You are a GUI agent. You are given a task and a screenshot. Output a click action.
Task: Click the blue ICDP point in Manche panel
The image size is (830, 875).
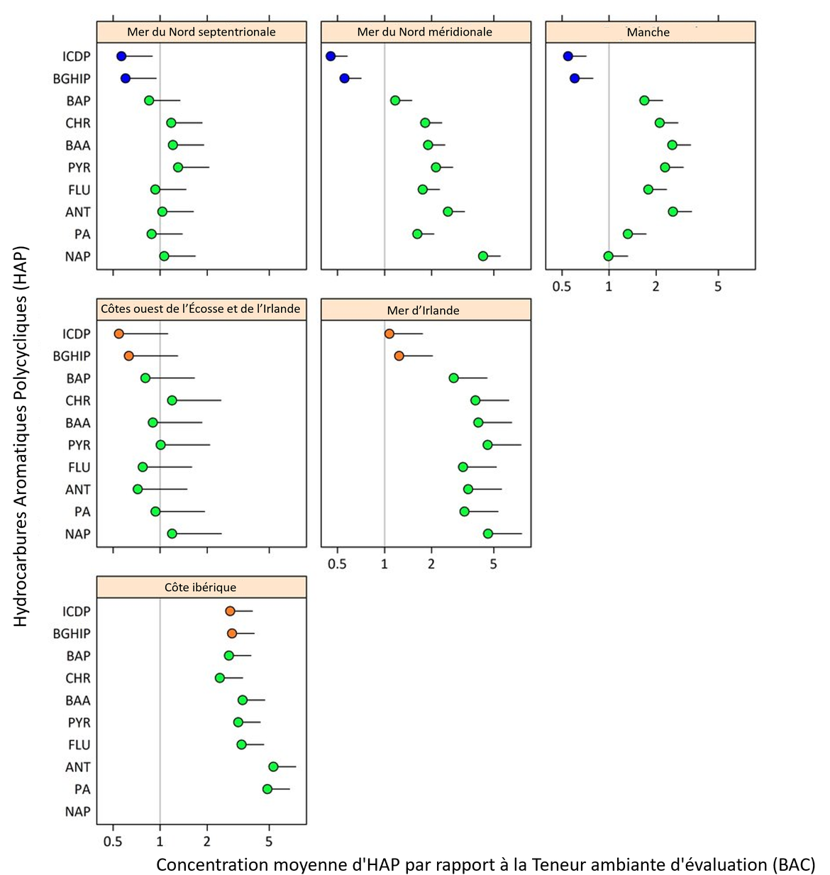[x=568, y=56]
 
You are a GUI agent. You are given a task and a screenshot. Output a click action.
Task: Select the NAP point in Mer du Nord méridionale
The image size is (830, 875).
[x=483, y=256]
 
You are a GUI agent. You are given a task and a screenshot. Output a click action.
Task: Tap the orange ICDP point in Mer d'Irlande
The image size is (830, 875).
[x=389, y=334]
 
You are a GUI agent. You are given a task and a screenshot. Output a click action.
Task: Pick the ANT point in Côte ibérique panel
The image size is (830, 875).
[x=273, y=766]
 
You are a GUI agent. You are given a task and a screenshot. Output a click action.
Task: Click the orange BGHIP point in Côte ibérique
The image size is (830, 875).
[x=232, y=633]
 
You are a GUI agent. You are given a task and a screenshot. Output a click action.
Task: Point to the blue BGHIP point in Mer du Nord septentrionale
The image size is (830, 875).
[x=126, y=78]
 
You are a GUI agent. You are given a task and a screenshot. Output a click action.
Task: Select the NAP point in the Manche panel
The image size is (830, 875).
[x=608, y=256]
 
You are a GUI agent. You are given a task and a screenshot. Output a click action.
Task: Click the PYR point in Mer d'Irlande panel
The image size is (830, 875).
[x=487, y=445]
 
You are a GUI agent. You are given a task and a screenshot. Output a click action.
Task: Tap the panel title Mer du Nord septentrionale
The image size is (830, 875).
[x=201, y=32]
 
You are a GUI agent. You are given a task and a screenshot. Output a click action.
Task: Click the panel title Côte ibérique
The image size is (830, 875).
[x=201, y=588]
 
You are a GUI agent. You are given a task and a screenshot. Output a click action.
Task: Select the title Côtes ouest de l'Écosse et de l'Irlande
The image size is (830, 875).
[x=201, y=309]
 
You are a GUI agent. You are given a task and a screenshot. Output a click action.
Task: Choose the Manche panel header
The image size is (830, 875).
[x=648, y=32]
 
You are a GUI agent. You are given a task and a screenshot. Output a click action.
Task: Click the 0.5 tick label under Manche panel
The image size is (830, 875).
[x=562, y=287]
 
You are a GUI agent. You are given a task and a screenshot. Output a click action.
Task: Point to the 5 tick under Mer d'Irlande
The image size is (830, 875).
[x=494, y=565]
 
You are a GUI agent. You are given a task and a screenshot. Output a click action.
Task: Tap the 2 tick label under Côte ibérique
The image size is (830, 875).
[x=207, y=842]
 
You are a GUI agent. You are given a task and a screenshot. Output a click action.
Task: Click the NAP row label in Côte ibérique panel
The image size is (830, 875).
[x=77, y=811]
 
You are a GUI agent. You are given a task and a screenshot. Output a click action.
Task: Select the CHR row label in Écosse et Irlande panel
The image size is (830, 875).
[x=78, y=400]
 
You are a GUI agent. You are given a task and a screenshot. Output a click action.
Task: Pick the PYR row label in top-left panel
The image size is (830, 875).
[x=79, y=167]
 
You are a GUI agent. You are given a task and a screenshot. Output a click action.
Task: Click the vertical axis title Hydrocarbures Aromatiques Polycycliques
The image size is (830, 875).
[x=21, y=436]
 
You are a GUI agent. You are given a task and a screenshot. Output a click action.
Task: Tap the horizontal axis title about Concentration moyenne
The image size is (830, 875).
[x=485, y=864]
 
